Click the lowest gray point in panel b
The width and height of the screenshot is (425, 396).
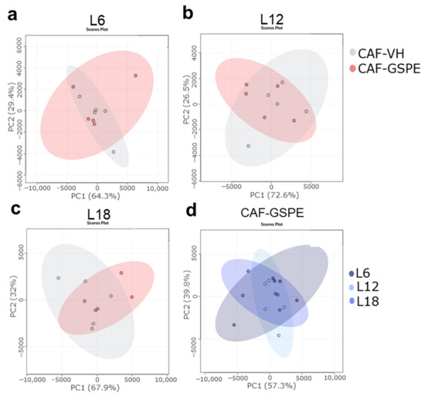[x=248, y=146]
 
